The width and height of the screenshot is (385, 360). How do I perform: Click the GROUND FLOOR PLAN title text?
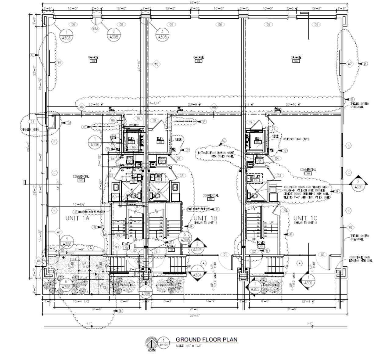[206, 340]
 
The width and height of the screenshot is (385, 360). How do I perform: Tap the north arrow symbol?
[151, 343]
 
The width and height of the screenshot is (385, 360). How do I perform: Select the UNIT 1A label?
[77, 218]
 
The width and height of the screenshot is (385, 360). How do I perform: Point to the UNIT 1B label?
[205, 218]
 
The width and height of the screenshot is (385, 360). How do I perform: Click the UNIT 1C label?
[305, 218]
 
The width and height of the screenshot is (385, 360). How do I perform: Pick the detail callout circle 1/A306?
[95, 142]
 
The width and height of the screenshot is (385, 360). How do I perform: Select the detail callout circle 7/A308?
[146, 291]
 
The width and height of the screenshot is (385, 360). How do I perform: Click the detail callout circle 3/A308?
[162, 34]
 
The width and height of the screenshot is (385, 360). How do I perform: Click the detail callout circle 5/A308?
[185, 237]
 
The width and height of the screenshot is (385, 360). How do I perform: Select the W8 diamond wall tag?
[156, 64]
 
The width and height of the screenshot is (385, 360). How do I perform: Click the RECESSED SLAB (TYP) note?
[296, 139]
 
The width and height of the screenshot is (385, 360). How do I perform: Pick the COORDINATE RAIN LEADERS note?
[361, 259]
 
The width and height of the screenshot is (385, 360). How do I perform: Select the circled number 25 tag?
[32, 121]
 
